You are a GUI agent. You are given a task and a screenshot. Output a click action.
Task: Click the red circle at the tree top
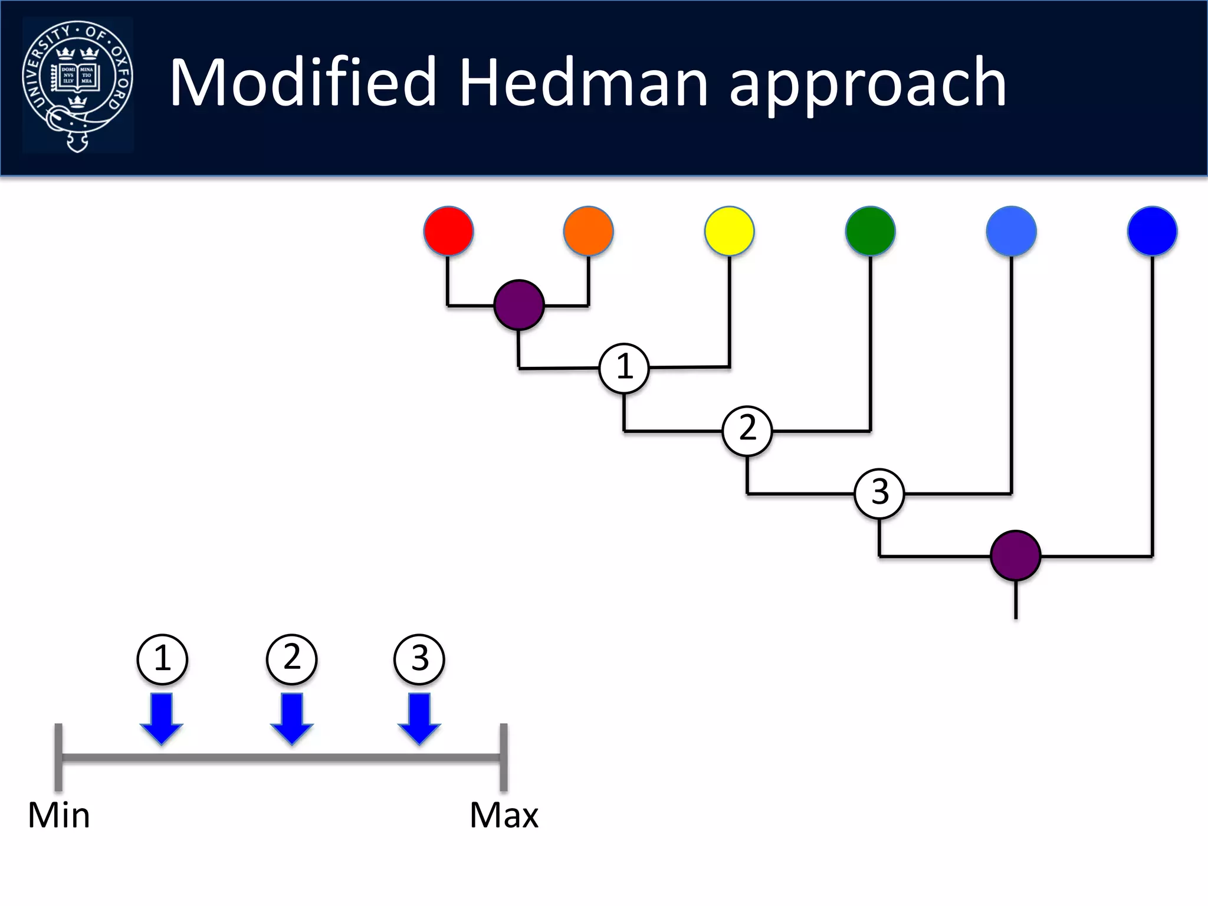(448, 231)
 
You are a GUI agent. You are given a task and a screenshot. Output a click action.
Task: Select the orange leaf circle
(588, 231)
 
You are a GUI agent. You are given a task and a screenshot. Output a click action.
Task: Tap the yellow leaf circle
(729, 231)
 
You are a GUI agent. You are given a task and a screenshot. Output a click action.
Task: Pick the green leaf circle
(870, 231)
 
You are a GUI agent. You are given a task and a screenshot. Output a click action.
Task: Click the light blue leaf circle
(1011, 231)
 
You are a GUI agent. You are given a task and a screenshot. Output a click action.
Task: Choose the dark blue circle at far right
(1152, 231)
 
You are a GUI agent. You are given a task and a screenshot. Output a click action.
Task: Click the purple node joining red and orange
(518, 305)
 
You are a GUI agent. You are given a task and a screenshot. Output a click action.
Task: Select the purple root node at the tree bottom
(1015, 556)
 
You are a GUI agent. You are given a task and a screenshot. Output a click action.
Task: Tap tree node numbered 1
(624, 368)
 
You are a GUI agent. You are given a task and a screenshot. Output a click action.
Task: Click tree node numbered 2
(747, 431)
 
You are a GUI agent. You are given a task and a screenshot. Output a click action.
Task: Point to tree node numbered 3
(879, 493)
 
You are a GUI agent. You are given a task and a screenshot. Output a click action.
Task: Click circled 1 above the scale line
(162, 659)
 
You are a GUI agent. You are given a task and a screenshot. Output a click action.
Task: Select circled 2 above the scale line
(291, 659)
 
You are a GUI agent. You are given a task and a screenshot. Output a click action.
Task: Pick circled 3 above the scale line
(419, 659)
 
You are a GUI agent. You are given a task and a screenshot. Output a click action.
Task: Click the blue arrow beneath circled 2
(291, 718)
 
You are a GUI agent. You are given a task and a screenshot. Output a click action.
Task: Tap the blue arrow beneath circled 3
(419, 718)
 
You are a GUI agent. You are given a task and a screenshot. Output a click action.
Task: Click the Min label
(59, 816)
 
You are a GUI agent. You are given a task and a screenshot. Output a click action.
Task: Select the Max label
(504, 816)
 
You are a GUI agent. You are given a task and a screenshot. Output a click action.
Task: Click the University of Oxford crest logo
(77, 86)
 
